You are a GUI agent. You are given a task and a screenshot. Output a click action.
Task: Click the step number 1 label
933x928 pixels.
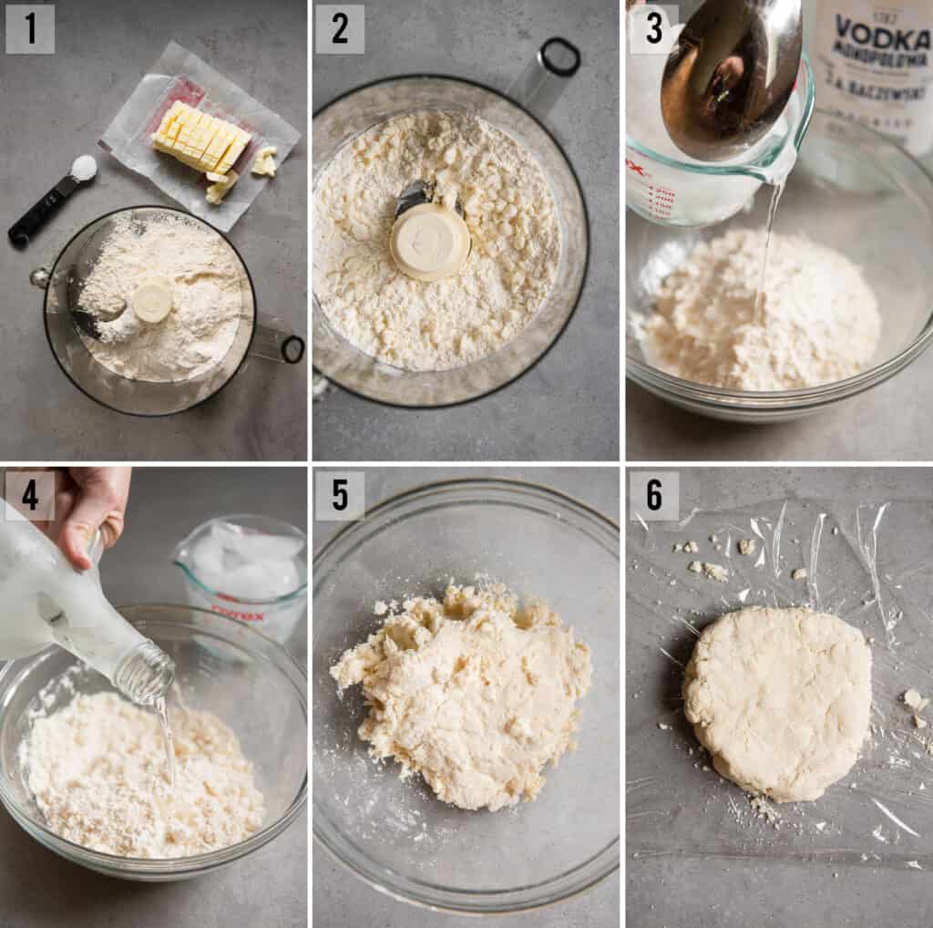coord(30,29)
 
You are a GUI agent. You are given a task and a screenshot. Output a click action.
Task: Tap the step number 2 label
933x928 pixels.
coord(339,29)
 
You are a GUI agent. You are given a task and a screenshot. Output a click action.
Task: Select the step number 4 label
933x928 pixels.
coord(30,495)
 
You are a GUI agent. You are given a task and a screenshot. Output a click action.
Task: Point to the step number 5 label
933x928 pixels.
coord(339,495)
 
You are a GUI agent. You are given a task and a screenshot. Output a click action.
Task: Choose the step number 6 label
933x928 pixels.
coord(653,495)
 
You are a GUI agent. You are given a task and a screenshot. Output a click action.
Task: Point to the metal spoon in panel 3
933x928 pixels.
coord(729,73)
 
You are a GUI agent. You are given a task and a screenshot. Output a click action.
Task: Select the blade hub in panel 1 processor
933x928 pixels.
coord(152,300)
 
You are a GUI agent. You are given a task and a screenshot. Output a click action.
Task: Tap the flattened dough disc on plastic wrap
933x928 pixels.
coord(777,702)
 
